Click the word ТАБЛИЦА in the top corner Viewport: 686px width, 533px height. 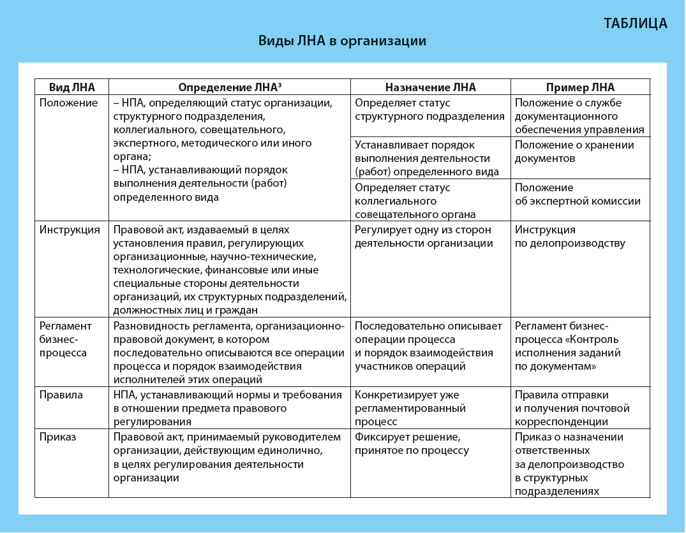(635, 24)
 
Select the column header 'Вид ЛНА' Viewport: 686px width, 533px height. (71, 87)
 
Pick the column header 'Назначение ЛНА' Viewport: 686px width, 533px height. (431, 87)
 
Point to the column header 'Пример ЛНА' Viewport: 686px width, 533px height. (580, 87)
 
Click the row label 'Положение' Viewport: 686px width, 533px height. (68, 103)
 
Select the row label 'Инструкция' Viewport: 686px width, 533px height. (70, 230)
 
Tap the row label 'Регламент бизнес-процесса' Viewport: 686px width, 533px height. (65, 339)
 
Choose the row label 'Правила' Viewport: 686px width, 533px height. (61, 395)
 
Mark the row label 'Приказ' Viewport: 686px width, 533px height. (57, 437)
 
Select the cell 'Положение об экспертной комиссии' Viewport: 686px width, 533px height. (578, 194)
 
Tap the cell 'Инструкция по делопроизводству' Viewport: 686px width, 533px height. (570, 237)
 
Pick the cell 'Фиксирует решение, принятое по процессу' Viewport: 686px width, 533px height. (412, 444)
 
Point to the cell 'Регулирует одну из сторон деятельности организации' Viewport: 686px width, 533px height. (424, 237)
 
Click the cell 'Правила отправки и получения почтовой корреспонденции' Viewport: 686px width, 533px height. (572, 408)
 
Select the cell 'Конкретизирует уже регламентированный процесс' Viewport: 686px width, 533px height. (410, 408)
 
